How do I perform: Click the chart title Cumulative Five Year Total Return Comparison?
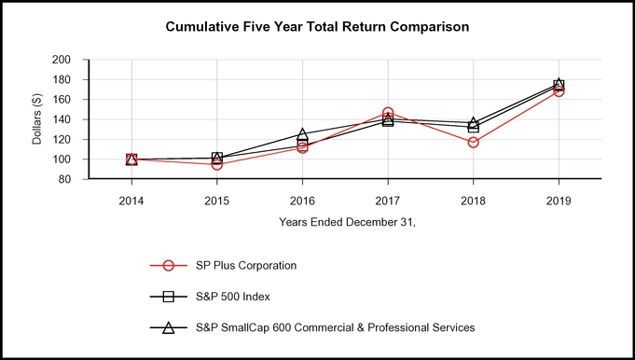(317, 27)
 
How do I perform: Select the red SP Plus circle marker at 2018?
(474, 143)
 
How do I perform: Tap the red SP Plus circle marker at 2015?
(217, 164)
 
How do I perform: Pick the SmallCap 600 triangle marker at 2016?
(302, 135)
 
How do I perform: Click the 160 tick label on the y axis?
(62, 100)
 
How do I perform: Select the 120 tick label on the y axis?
(62, 140)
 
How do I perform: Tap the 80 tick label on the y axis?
(65, 180)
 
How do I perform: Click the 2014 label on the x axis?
(131, 199)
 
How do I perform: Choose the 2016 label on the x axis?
(302, 199)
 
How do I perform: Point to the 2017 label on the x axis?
(388, 199)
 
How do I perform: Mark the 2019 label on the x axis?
(559, 199)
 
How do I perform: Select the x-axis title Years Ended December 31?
(345, 222)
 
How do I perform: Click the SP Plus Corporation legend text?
(246, 265)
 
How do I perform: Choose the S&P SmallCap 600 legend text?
(336, 327)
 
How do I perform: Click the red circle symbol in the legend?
(169, 265)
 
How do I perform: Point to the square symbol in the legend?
(169, 297)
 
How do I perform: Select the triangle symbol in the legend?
(169, 327)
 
